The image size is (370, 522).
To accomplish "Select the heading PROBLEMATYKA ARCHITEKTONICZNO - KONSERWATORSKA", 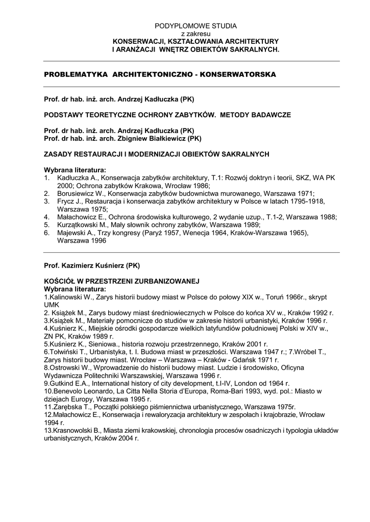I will (160, 74).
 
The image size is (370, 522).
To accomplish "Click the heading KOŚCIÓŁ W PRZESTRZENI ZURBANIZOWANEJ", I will (121, 281).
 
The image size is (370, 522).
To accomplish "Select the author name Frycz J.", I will (69, 201).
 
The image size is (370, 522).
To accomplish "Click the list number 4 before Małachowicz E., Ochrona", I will (46, 217).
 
